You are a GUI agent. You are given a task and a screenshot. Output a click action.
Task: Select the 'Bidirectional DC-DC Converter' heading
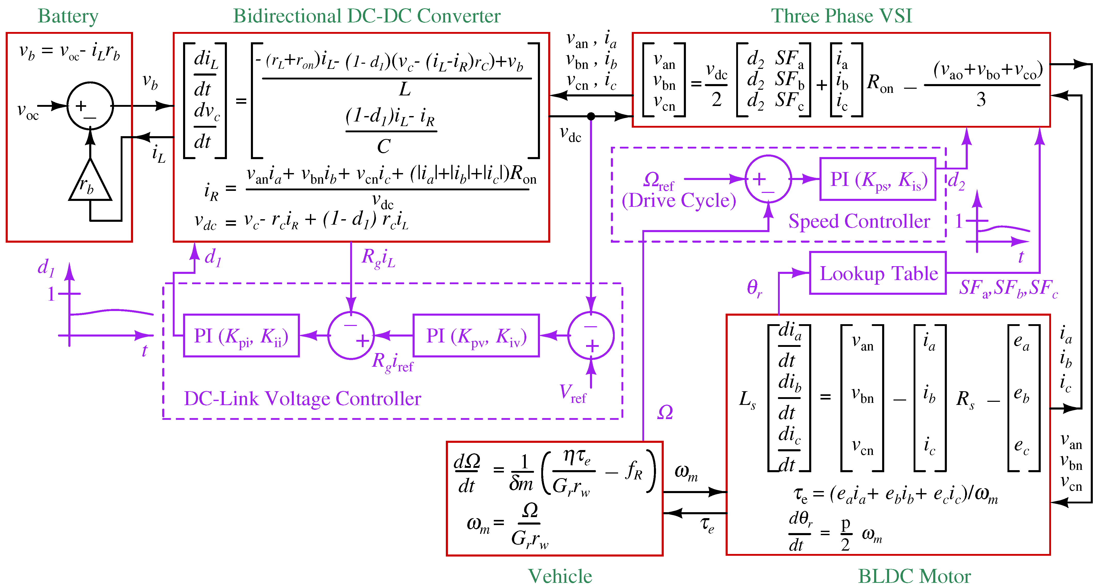[366, 16]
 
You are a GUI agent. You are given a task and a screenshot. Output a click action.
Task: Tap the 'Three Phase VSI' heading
[841, 16]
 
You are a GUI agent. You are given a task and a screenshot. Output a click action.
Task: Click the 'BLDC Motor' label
[914, 576]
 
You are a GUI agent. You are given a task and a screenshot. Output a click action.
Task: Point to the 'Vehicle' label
[560, 576]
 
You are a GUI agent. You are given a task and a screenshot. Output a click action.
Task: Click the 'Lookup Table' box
[878, 273]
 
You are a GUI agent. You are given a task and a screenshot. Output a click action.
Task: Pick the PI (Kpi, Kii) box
[241, 335]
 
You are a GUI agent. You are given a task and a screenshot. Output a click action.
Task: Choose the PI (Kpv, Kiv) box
[476, 335]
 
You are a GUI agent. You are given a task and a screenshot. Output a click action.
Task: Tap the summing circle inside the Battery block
[90, 106]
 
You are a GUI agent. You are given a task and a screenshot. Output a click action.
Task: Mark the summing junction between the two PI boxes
[351, 335]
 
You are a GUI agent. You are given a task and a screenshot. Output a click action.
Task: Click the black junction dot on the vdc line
[591, 116]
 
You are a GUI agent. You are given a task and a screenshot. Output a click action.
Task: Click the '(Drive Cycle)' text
[679, 200]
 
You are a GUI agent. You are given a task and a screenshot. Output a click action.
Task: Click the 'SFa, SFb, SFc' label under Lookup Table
[1008, 288]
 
